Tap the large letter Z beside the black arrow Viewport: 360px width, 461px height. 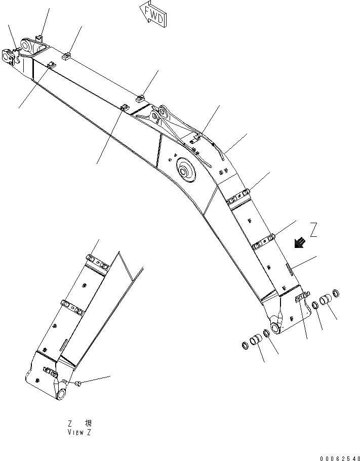tap(314, 230)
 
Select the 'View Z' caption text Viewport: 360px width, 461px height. tap(79, 433)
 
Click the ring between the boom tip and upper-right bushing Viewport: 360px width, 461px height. tap(314, 305)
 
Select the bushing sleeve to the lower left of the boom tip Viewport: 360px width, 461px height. tap(257, 340)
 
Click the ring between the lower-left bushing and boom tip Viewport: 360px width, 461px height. tap(266, 335)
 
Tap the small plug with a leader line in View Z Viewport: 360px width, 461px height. tap(78, 385)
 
